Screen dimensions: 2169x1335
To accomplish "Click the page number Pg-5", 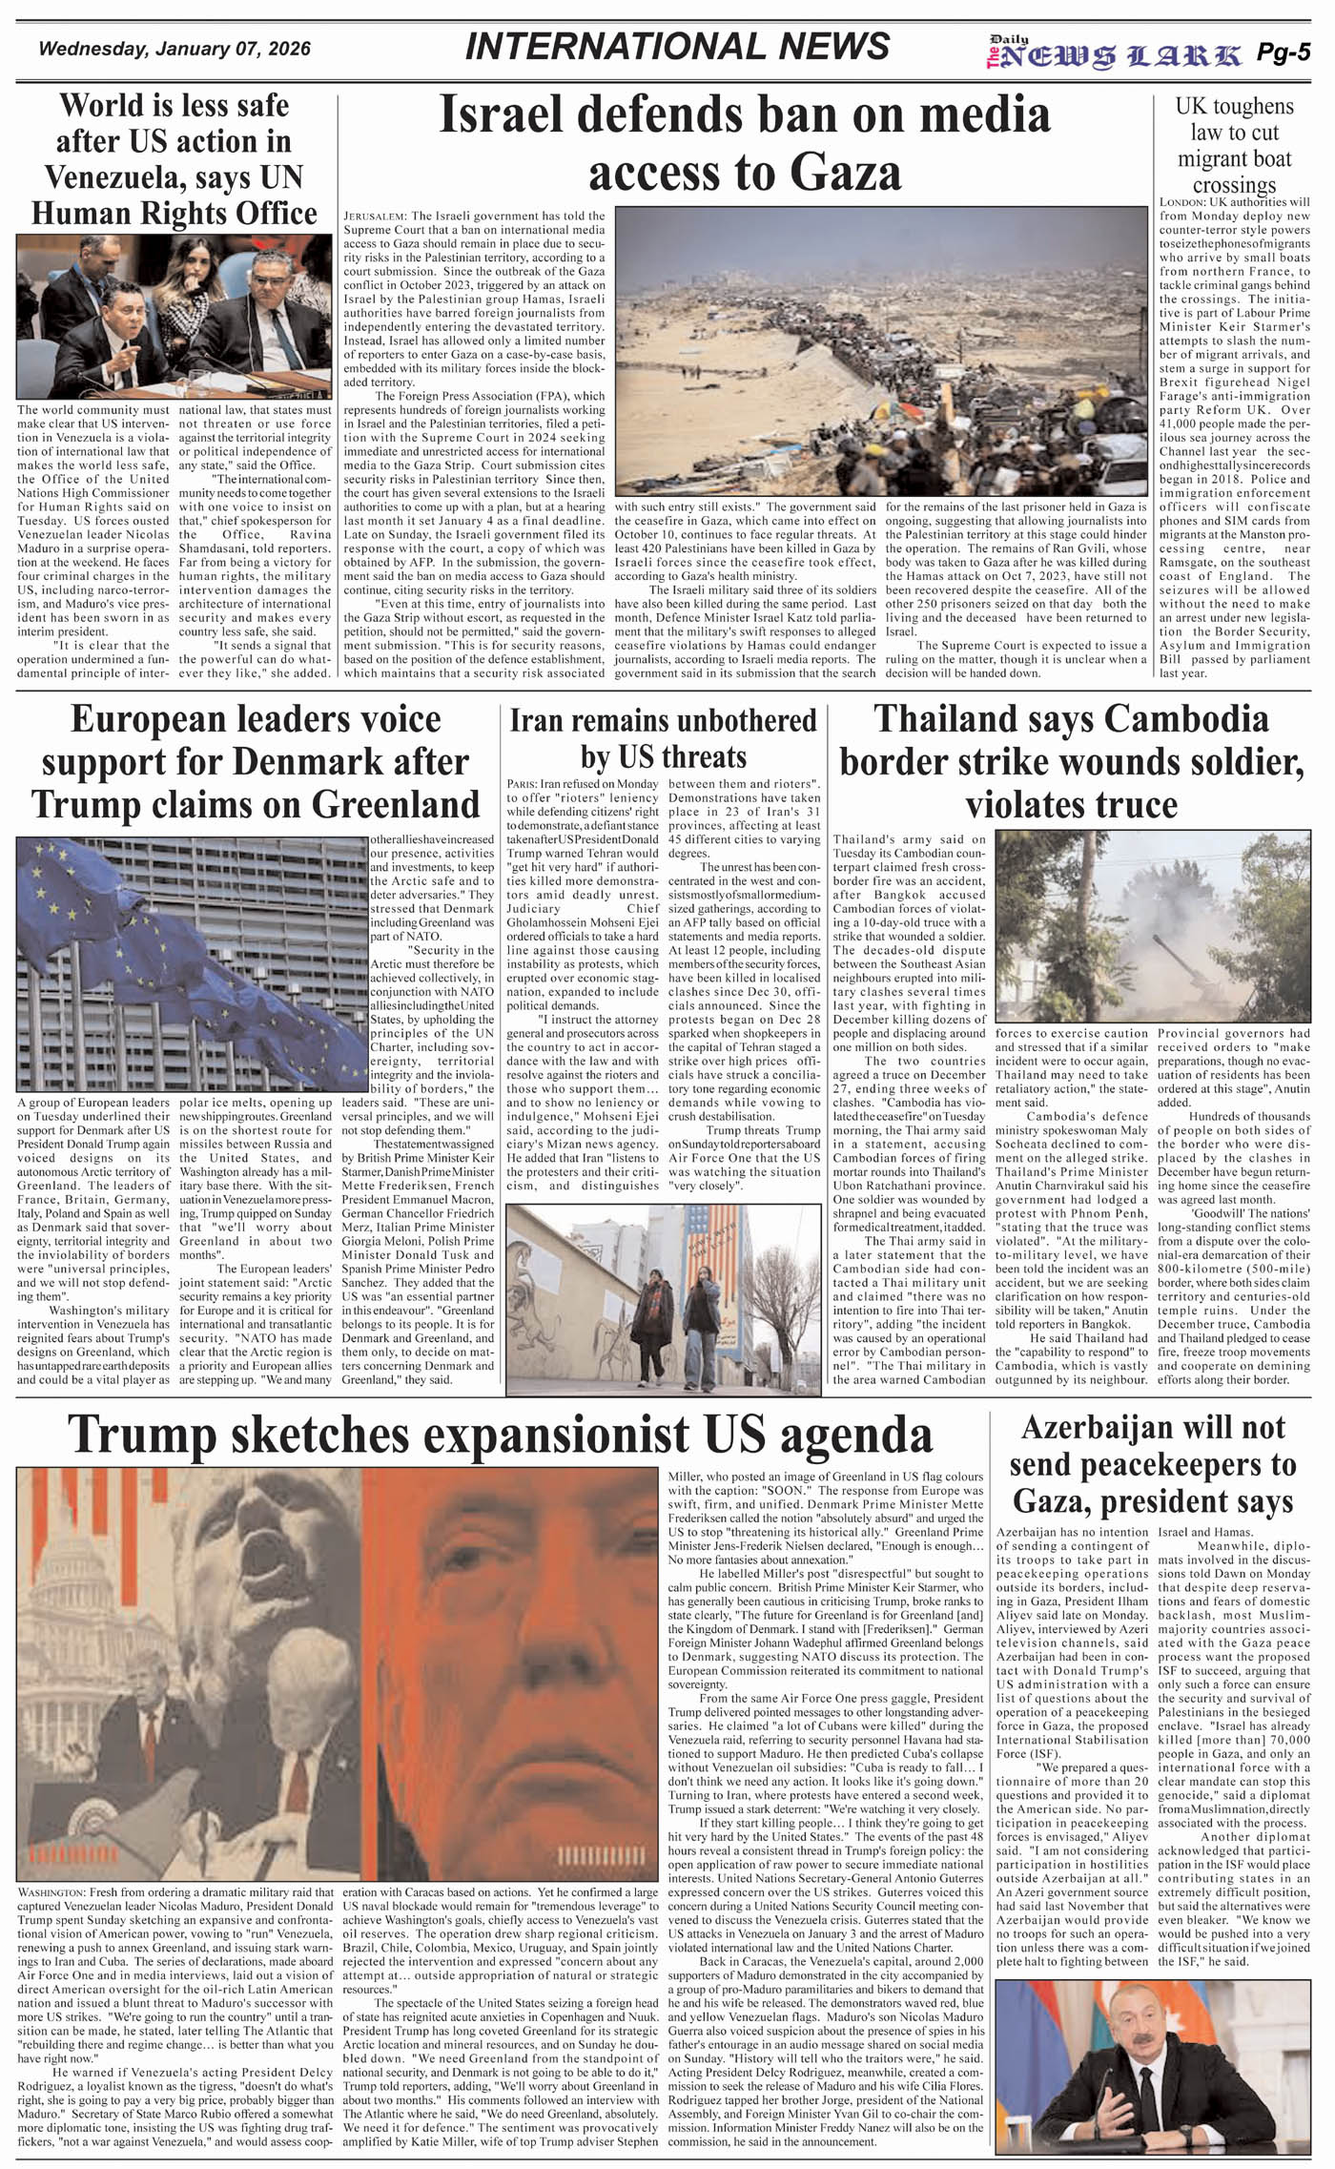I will pyautogui.click(x=1283, y=53).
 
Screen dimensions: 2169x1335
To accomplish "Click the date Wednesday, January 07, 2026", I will pyautogui.click(x=175, y=49).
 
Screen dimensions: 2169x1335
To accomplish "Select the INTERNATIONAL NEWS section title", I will pyautogui.click(x=677, y=47).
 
